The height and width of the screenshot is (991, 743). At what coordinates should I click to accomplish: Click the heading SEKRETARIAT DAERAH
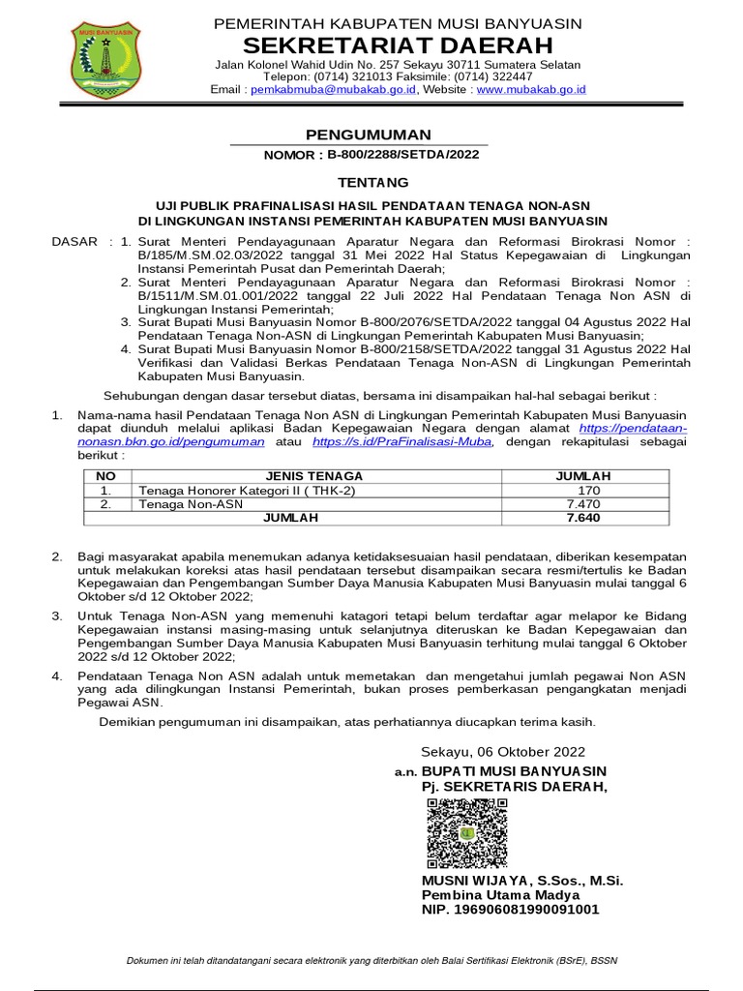click(x=399, y=45)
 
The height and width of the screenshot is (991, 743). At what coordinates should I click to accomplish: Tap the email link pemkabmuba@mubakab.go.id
click(x=333, y=89)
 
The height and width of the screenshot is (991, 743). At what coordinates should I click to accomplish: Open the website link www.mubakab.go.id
click(x=531, y=89)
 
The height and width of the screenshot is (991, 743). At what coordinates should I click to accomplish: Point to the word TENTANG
click(x=372, y=182)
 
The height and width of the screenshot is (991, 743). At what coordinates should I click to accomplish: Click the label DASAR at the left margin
click(x=74, y=241)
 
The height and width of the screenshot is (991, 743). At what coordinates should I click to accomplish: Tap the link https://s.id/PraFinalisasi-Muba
click(x=402, y=441)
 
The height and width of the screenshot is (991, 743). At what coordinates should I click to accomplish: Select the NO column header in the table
click(x=106, y=475)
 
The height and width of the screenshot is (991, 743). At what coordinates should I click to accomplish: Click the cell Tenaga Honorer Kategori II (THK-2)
click(x=247, y=490)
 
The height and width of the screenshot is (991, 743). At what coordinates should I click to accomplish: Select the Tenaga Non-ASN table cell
click(x=192, y=503)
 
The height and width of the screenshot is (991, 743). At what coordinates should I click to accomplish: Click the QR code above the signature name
click(x=466, y=834)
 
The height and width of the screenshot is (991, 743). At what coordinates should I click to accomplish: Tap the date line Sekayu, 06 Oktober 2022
click(x=503, y=751)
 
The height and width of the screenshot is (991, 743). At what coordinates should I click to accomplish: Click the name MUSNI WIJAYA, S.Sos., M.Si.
click(x=522, y=881)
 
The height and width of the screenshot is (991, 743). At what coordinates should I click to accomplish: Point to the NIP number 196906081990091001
click(x=510, y=910)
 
